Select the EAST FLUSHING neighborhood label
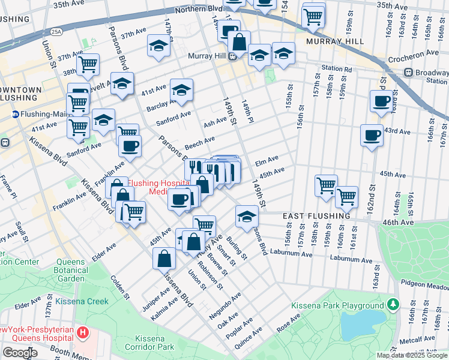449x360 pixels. tap(316, 216)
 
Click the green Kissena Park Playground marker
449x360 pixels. tap(393, 305)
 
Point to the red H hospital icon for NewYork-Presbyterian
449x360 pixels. tap(83, 332)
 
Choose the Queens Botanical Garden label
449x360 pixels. tap(79, 270)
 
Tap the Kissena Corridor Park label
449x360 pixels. tap(150, 343)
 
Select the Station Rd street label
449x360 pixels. tap(336, 68)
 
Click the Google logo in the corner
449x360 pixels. tap(20, 352)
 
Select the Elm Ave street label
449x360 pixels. tap(267, 160)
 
